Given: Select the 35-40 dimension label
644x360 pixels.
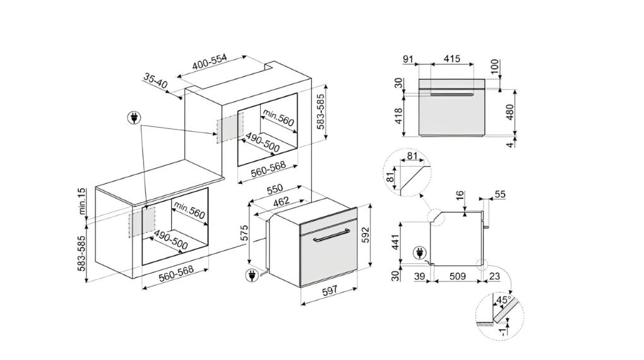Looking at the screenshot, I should pos(155,81).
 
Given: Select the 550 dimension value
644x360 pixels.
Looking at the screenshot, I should pos(273,189).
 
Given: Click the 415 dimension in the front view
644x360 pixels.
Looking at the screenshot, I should pos(451,59).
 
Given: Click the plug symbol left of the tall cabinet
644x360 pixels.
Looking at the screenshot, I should pos(134,117).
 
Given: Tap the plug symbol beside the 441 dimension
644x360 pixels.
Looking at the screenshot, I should pos(417,254).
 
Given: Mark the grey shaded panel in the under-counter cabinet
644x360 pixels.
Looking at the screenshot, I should pos(142,222).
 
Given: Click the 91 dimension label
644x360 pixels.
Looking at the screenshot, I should pos(407,59).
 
